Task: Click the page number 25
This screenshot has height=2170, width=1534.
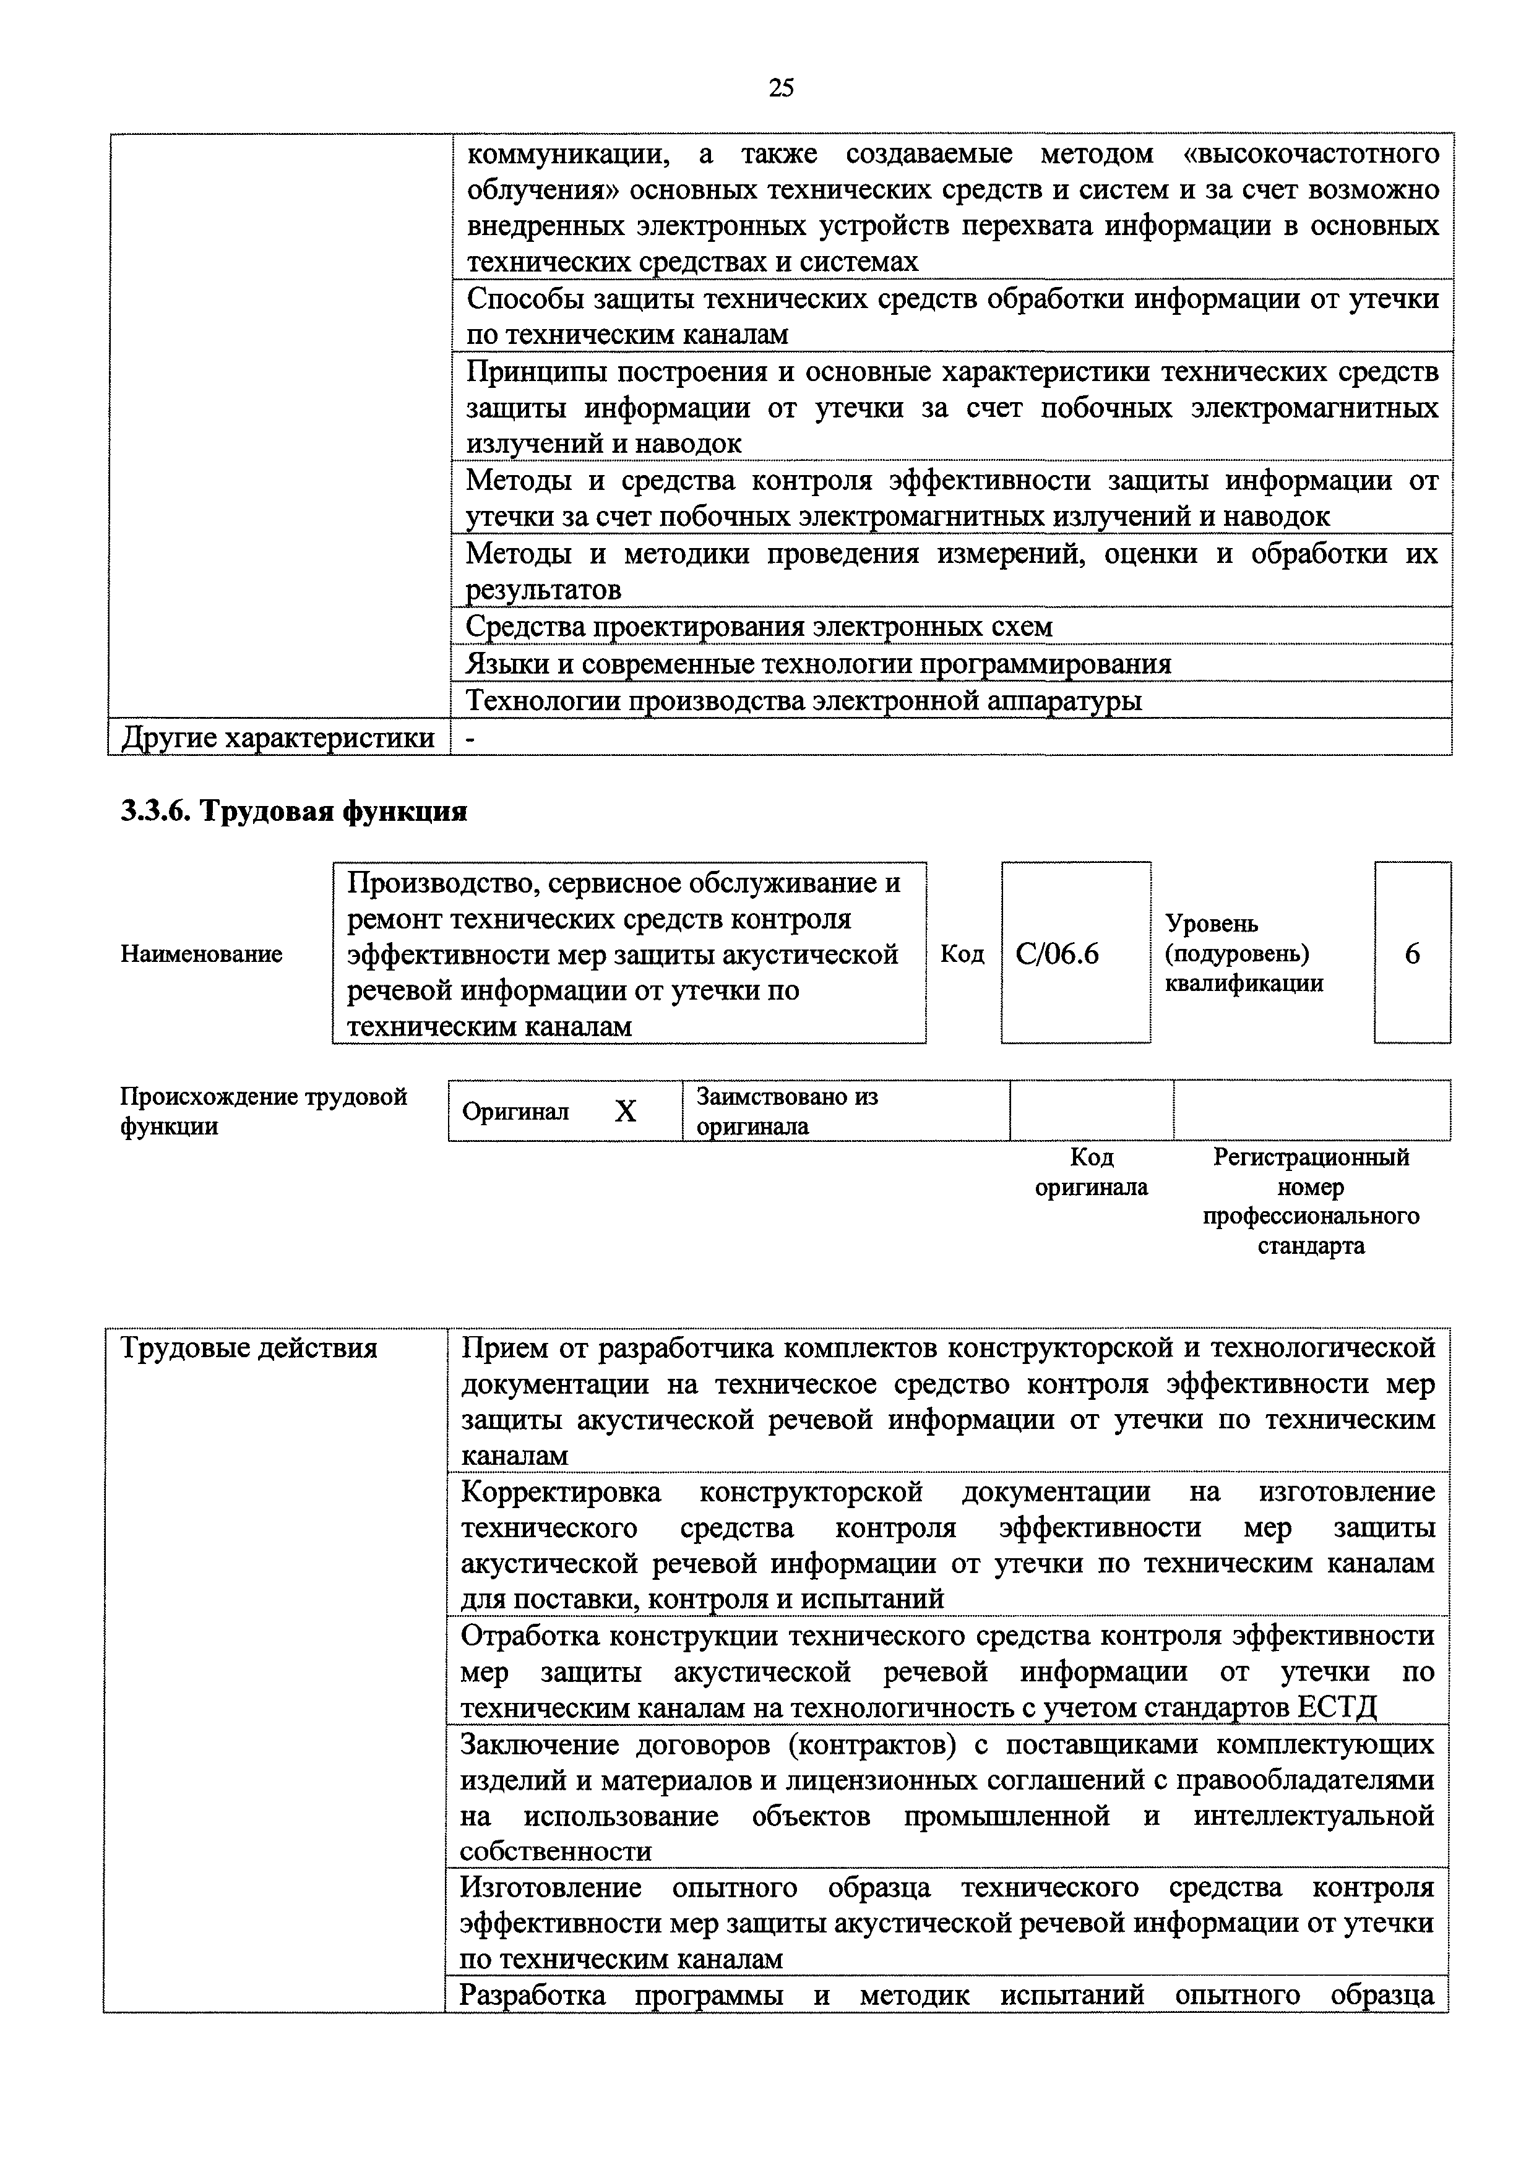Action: (x=781, y=88)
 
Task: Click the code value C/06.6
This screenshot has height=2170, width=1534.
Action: (x=1057, y=954)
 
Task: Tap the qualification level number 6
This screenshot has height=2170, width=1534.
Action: (x=1412, y=954)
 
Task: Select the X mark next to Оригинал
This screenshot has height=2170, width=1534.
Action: (x=626, y=1112)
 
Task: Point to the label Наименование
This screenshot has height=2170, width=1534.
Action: (x=201, y=954)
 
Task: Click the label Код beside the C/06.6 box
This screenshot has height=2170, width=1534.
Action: (x=962, y=954)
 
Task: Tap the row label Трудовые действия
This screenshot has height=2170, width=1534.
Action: (x=249, y=1348)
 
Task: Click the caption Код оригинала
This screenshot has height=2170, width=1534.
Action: (x=1092, y=1172)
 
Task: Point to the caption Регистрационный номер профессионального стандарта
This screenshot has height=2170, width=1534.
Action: (x=1311, y=1200)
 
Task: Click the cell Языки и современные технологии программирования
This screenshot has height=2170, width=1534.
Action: (x=819, y=664)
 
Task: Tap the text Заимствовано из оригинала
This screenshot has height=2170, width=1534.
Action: (x=786, y=1112)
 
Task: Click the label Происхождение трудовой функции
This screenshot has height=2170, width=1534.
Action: (x=263, y=1112)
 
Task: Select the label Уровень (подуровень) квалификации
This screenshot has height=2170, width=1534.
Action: (x=1243, y=954)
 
